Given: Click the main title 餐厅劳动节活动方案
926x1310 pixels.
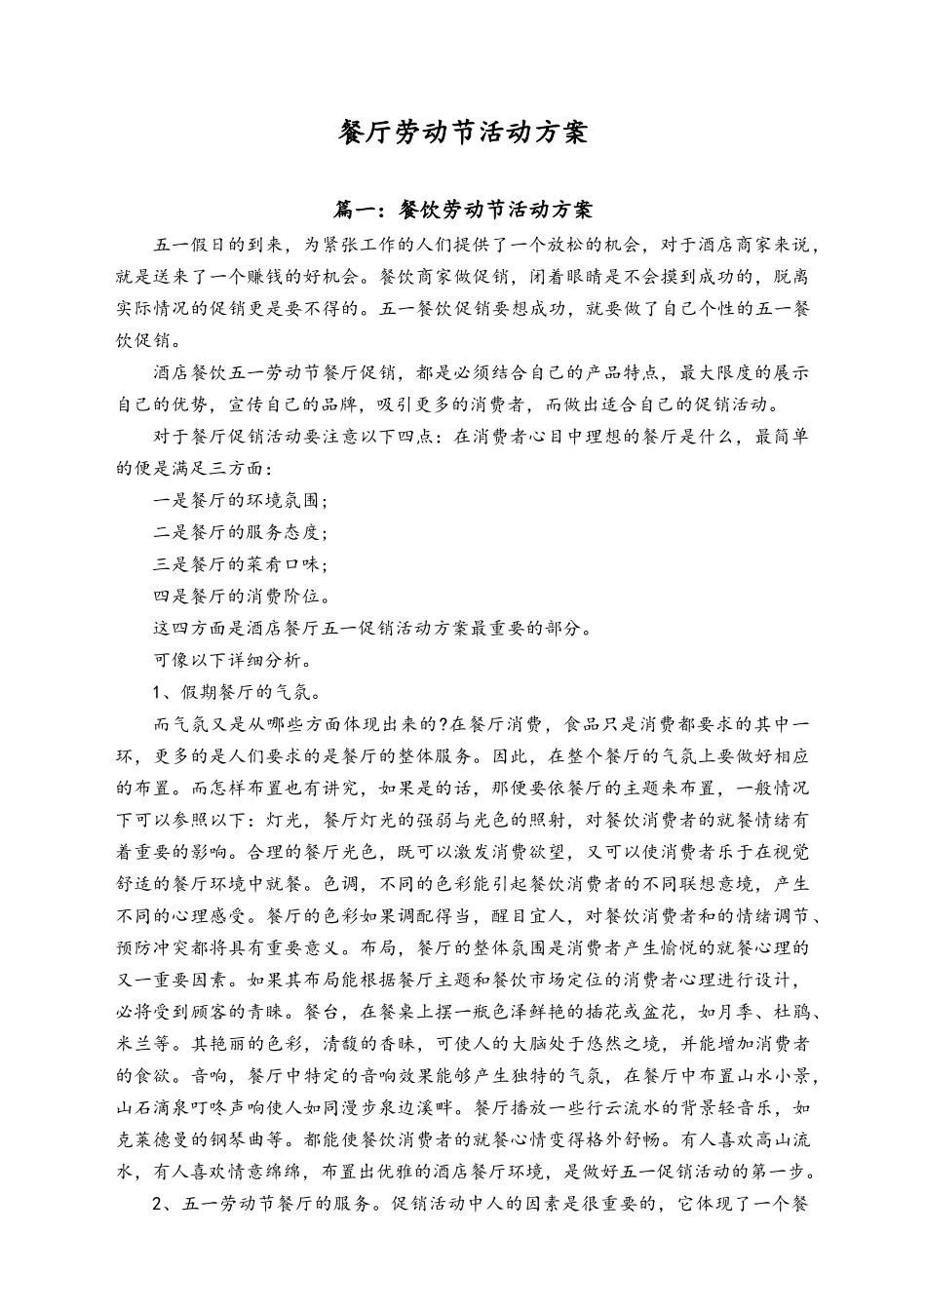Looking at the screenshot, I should [x=463, y=133].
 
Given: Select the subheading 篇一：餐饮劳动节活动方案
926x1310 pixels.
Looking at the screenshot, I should [x=463, y=210].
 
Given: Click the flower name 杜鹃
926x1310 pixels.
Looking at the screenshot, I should [x=791, y=1013].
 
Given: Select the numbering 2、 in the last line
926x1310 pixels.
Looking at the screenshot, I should [x=164, y=1205].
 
